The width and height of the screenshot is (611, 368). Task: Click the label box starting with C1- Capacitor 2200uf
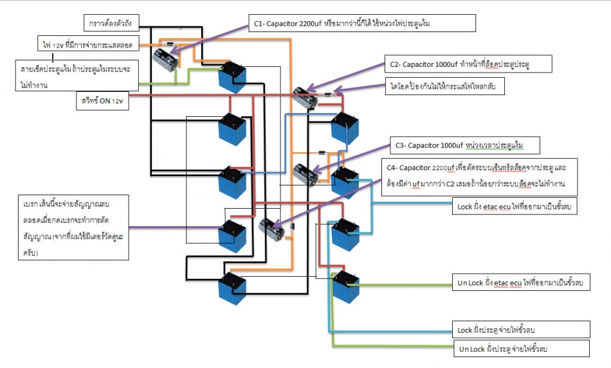(x=361, y=24)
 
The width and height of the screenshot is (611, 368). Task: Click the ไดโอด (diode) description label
(x=445, y=85)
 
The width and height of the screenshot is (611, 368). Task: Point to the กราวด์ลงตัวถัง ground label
(x=116, y=24)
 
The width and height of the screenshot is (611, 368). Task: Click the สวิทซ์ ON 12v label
(x=102, y=102)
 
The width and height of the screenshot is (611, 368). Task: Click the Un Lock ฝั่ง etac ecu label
(x=522, y=283)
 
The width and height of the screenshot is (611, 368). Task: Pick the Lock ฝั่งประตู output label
(x=522, y=329)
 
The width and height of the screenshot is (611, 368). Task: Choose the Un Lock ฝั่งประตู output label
(x=522, y=349)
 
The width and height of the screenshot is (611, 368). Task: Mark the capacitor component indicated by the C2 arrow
(x=302, y=98)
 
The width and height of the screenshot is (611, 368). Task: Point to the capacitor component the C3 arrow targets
(x=304, y=174)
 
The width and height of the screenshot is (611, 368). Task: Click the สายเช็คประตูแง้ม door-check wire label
(x=77, y=76)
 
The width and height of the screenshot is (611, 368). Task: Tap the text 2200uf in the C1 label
(x=311, y=24)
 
